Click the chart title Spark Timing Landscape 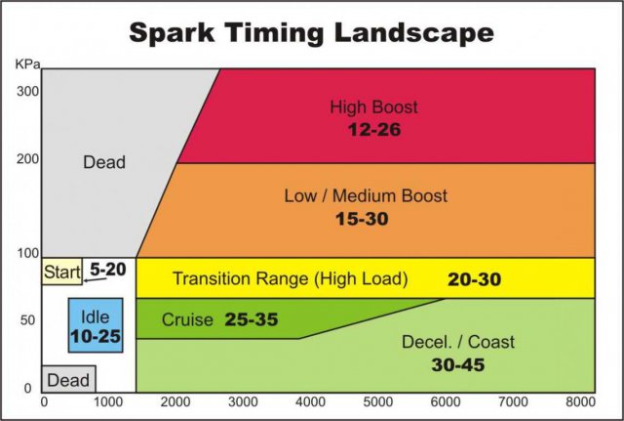(311, 32)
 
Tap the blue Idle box (95, 326)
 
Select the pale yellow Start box (60, 271)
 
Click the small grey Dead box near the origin (68, 379)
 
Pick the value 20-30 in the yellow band (474, 279)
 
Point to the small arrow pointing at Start (94, 280)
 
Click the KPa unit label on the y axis (26, 63)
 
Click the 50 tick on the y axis (26, 320)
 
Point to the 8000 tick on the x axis (580, 401)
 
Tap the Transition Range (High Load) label (290, 279)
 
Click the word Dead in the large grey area (104, 162)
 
